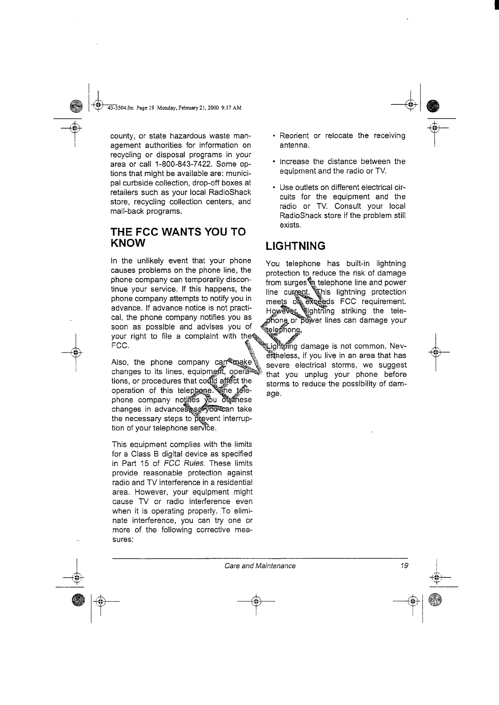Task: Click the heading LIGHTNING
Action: click(x=296, y=246)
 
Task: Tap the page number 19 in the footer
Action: click(x=404, y=566)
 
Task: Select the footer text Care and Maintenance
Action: click(x=260, y=566)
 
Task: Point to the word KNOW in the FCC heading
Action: click(x=128, y=243)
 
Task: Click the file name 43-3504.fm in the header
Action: click(x=120, y=108)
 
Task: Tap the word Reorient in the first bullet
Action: click(x=294, y=136)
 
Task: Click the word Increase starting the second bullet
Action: click(x=294, y=161)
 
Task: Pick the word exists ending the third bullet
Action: click(x=290, y=225)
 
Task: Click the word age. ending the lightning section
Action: click(x=273, y=394)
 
